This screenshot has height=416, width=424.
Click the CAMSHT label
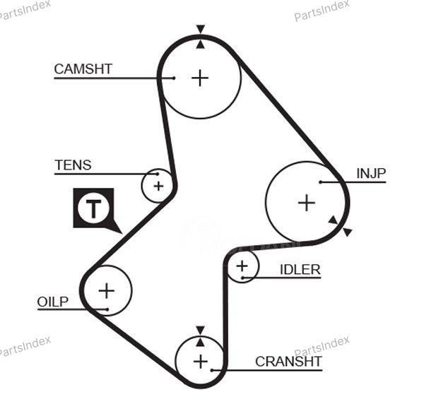[83, 69]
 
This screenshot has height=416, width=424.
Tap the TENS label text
[73, 165]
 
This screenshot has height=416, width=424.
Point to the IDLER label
[300, 269]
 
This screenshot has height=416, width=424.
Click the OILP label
[53, 302]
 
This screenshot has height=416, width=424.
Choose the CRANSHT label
[288, 362]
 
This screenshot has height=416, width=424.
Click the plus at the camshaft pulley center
[201, 78]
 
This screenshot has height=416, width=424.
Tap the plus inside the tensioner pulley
[158, 186]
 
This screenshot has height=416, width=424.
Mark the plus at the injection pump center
[306, 203]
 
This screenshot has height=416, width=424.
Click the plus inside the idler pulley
[242, 266]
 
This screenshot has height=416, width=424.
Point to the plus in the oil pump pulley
[106, 290]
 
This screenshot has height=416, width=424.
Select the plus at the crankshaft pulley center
[201, 362]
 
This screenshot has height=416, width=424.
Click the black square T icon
[93, 208]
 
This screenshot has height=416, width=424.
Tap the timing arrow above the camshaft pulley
[201, 30]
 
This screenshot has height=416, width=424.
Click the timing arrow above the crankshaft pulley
[200, 330]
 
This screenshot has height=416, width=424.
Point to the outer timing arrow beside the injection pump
[347, 232]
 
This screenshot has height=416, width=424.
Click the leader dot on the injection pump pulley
[320, 182]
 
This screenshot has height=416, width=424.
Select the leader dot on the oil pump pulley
[105, 309]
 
